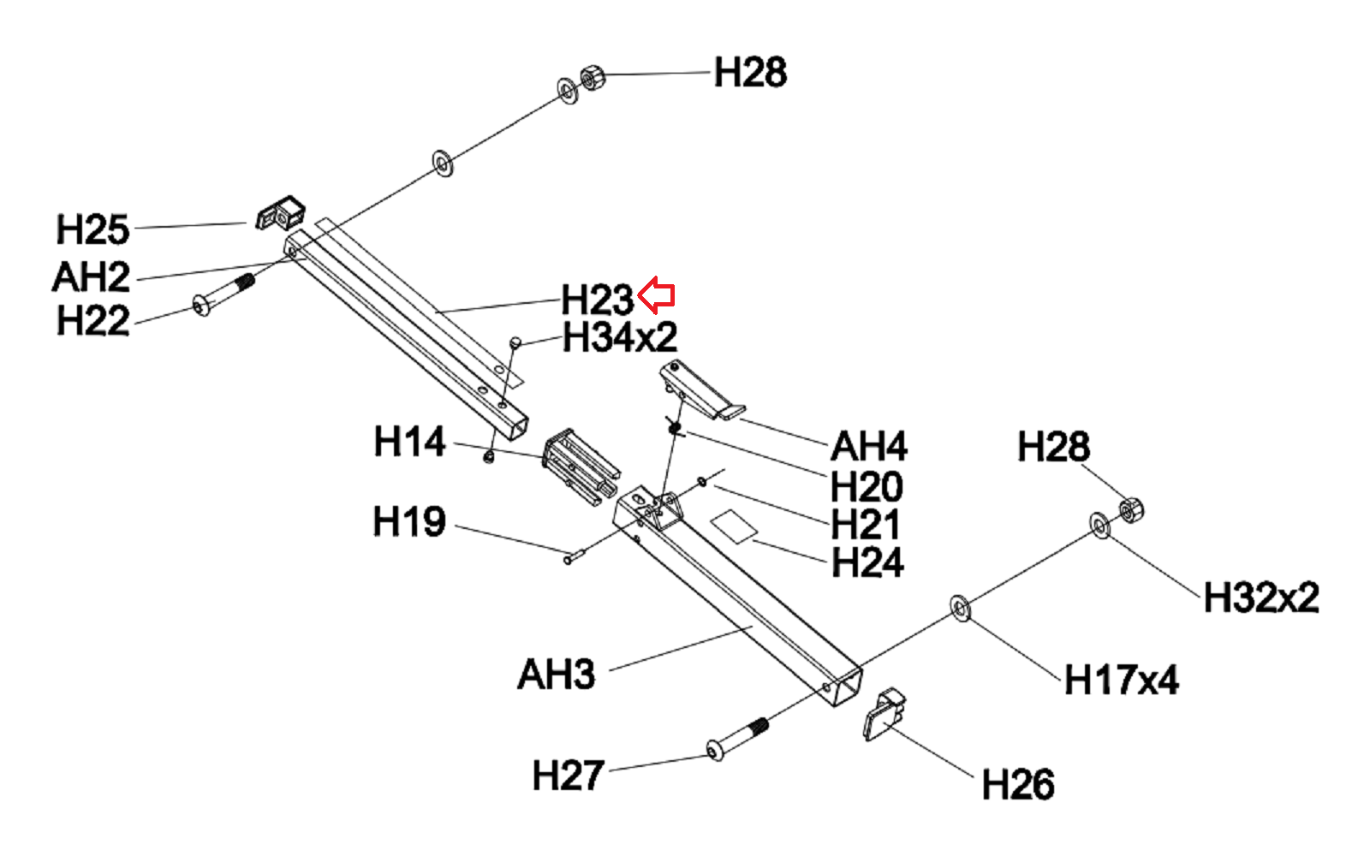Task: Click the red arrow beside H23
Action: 657,295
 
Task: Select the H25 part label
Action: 92,229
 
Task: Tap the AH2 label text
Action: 91,276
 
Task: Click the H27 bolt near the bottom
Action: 737,740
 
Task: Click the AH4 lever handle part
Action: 700,391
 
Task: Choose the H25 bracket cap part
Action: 281,213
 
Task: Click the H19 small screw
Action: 574,557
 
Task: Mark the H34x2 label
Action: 620,338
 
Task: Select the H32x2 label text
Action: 1260,597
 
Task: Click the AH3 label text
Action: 556,675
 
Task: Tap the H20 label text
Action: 867,486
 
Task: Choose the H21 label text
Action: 865,524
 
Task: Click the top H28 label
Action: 750,73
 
